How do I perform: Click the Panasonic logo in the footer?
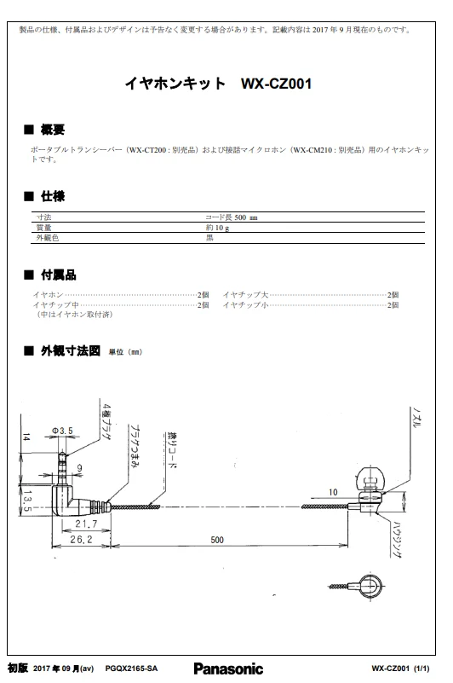tap(228, 669)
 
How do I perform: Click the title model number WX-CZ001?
tap(277, 84)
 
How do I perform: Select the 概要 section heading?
tap(53, 130)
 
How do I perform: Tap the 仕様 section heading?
tap(53, 196)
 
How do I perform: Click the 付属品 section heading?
tap(58, 275)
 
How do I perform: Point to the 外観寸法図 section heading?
tap(71, 350)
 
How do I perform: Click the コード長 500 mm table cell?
tap(232, 217)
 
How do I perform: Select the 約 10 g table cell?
tap(218, 228)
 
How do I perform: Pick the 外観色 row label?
tap(48, 238)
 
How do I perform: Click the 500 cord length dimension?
tap(217, 540)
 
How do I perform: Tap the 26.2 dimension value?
tap(82, 539)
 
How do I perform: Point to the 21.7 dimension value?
tap(86, 524)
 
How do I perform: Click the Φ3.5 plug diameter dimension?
tap(63, 431)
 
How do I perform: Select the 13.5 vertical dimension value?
tap(27, 501)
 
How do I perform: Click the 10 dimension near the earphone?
tap(333, 492)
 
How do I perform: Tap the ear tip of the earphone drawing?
tap(370, 478)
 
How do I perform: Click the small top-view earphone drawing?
tap(357, 586)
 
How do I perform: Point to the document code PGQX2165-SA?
tap(131, 669)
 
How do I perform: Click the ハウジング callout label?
tap(398, 539)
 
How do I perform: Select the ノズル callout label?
tap(416, 418)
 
